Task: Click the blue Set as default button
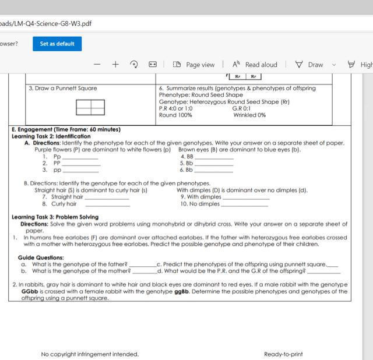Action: [57, 44]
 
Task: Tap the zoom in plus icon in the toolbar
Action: [115, 65]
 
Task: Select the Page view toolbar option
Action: [195, 65]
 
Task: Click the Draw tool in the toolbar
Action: [309, 65]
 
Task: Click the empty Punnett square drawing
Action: [90, 107]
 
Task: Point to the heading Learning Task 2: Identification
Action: [51, 136]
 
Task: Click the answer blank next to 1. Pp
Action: [80, 157]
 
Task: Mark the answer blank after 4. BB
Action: [214, 157]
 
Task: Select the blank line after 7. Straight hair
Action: [107, 197]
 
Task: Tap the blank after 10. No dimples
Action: [245, 204]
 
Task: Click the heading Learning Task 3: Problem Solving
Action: [55, 217]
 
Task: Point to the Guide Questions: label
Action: [41, 257]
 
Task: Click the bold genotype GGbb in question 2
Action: [30, 291]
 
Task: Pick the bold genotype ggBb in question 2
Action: [181, 291]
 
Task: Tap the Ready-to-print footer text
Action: [283, 354]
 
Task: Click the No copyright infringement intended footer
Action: [90, 354]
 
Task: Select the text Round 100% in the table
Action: [175, 115]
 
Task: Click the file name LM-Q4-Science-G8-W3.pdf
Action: [46, 23]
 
